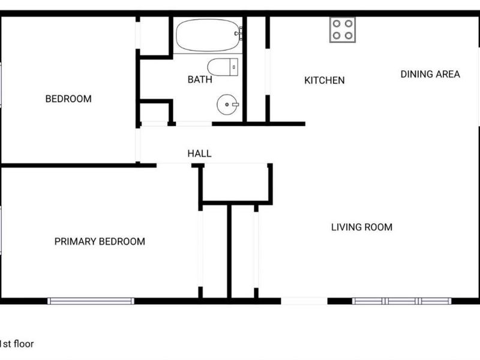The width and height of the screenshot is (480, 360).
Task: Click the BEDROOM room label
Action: coord(68,99)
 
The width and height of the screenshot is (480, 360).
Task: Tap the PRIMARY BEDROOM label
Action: coord(100,242)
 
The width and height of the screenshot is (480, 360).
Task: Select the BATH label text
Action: coord(200,80)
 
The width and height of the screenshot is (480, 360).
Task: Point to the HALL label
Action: coord(199,154)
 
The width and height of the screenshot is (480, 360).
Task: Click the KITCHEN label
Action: coord(325,80)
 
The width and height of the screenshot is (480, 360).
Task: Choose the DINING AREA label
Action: coord(430,74)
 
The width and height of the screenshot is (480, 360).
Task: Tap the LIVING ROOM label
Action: coord(362,227)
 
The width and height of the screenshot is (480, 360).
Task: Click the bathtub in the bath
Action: coord(208,35)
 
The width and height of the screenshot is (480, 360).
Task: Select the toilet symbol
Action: coord(223,67)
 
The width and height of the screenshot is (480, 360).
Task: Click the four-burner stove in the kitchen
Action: coord(342,29)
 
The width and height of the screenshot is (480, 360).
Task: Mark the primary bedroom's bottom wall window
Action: coord(91,301)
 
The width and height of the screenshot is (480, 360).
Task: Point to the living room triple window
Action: coord(401,301)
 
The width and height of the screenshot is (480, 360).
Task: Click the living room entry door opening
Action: coord(304,301)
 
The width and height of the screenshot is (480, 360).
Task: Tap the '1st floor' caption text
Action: coord(17,344)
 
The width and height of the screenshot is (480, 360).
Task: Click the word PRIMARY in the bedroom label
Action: coord(76,242)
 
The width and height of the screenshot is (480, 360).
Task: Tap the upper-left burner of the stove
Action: coord(337,24)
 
